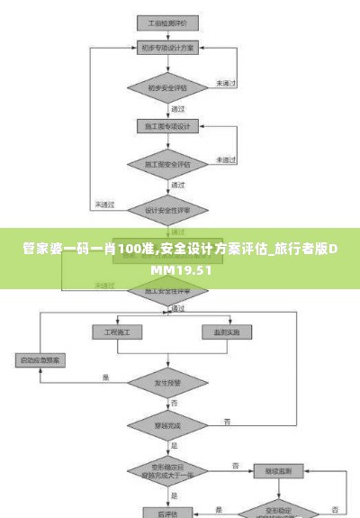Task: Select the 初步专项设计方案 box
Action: pos(166,46)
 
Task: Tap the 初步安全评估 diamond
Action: pos(166,87)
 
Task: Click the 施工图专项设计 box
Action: pos(166,126)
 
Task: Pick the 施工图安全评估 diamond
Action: pos(166,165)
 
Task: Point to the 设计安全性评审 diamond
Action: pos(166,210)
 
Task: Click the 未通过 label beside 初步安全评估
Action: pos(225,83)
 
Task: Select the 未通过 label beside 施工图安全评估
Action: pos(225,160)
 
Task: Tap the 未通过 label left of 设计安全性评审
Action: pos(105,204)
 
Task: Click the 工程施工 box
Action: pos(117,332)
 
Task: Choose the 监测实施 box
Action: pos(226,332)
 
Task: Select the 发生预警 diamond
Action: pos(166,383)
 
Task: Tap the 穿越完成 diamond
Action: pos(166,425)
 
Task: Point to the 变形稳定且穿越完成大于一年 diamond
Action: pos(166,470)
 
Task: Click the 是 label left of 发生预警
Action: pos(105,377)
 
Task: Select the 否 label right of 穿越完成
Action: pos(228,421)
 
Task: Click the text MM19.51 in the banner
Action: pos(181,269)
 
